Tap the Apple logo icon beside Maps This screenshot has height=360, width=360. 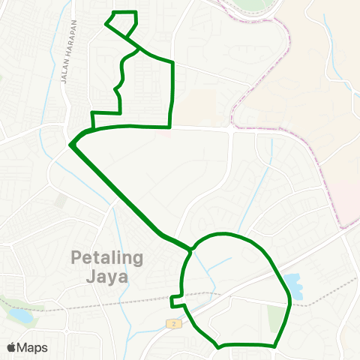pyautogui.click(x=11, y=347)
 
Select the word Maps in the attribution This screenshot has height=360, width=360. pyautogui.click(x=32, y=347)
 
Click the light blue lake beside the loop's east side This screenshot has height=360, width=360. pyautogui.click(x=292, y=285)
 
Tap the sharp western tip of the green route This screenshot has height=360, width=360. pyautogui.click(x=70, y=144)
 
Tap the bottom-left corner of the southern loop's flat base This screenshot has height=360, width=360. pyautogui.click(x=218, y=346)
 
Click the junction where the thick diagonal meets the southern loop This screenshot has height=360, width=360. pyautogui.click(x=192, y=247)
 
